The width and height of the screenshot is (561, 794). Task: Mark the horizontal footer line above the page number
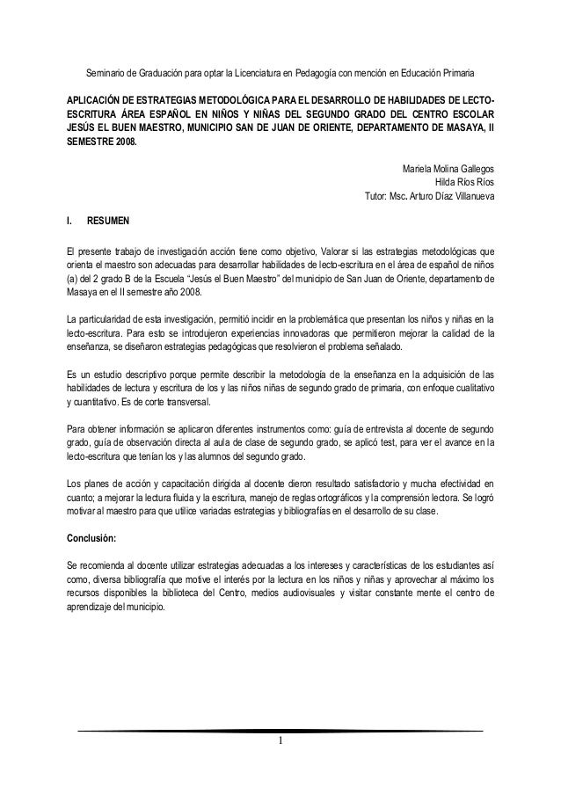(x=280, y=732)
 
